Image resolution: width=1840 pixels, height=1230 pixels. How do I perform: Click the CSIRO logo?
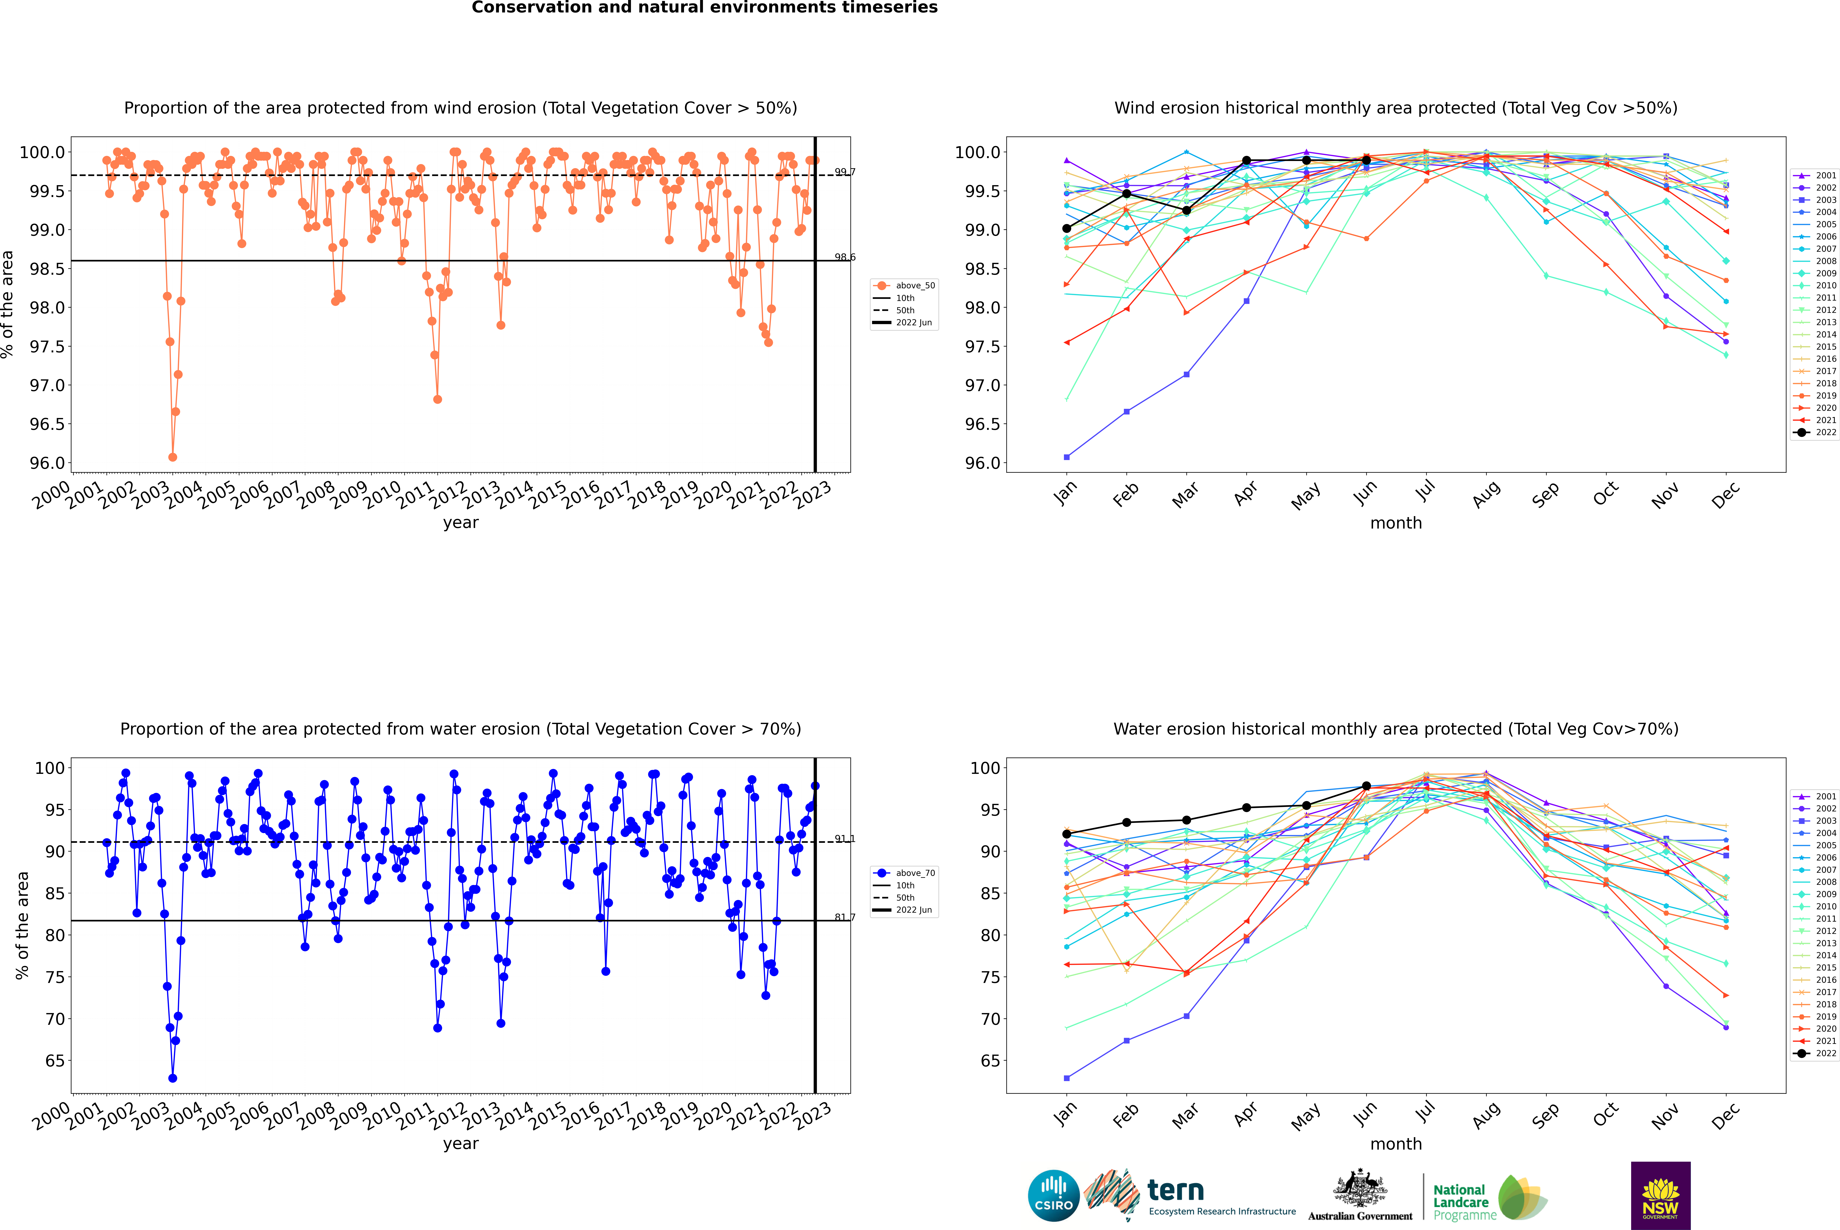(1053, 1196)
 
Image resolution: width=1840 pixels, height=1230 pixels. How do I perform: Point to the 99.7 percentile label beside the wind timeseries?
(845, 172)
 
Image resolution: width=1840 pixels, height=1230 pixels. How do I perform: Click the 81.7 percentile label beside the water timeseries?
(845, 917)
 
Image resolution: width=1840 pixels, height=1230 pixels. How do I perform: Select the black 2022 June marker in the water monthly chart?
(1366, 786)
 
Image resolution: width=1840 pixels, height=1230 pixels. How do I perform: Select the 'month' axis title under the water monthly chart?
(1396, 1144)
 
